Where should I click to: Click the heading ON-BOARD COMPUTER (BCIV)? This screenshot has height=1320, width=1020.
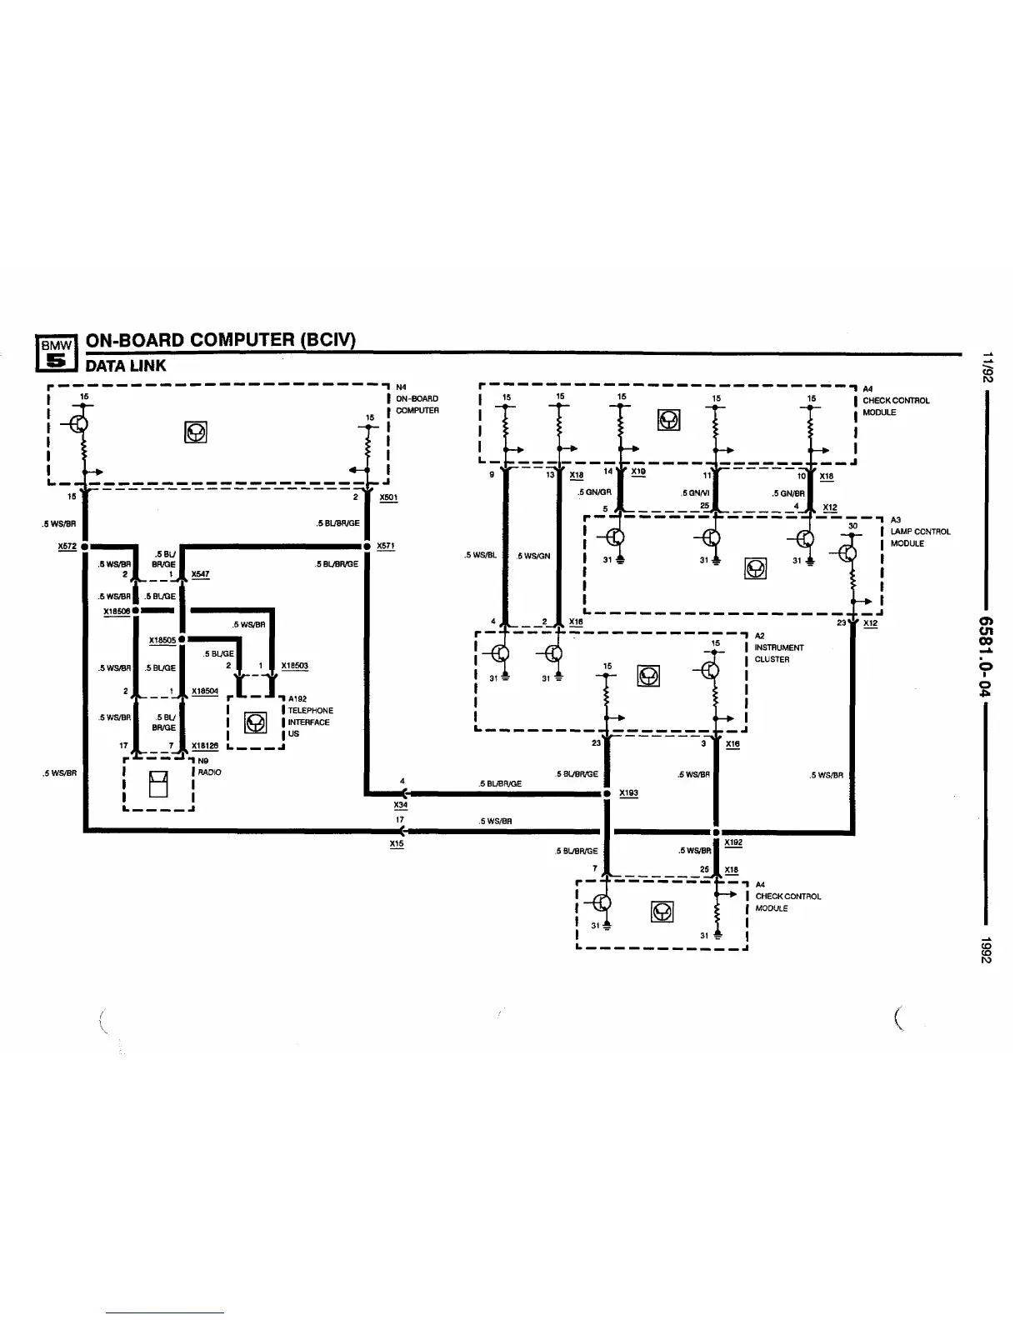221,340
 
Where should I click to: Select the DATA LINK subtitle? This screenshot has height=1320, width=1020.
126,365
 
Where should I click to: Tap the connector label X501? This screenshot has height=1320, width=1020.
388,497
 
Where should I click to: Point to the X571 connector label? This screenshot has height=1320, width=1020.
385,546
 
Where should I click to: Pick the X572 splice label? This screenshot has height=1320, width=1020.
67,546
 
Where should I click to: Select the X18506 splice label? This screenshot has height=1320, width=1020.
117,611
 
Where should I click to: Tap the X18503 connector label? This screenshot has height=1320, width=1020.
295,665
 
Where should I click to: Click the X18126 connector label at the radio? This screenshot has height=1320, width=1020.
205,746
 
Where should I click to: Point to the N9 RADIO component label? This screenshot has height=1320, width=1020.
208,767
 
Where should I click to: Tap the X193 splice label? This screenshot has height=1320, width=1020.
628,792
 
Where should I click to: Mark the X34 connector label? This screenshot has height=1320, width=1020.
401,805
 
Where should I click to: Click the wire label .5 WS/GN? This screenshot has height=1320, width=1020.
533,556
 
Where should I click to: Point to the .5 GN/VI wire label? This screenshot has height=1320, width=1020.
695,492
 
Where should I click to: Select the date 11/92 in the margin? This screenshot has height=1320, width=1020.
987,367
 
